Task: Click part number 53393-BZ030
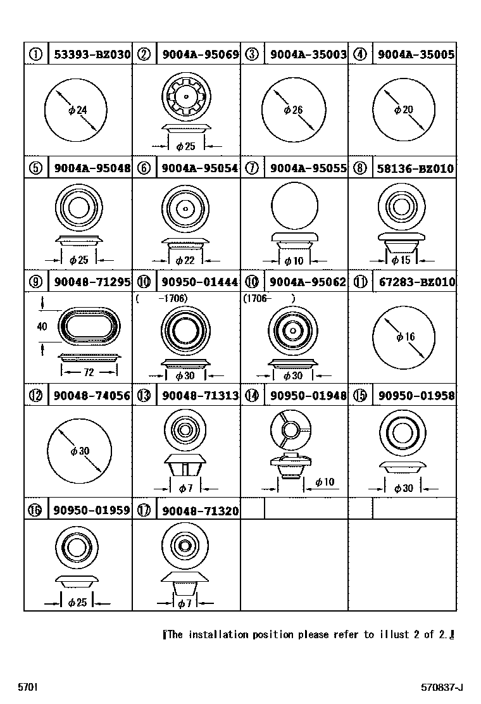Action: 92,55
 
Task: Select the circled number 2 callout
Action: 144,54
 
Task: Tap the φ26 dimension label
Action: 294,110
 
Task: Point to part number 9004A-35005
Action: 416,55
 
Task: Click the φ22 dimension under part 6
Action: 185,260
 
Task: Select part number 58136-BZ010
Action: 415,168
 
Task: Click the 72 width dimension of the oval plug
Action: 89,372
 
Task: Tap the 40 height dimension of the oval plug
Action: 42,327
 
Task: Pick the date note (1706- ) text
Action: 269,299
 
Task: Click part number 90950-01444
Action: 199,282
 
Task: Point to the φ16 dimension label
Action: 406,337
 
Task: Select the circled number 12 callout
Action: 36,396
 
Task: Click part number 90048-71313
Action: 200,396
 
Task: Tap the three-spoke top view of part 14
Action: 290,430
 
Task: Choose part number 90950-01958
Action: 416,396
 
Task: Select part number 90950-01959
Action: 92,510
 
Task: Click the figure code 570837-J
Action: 442,688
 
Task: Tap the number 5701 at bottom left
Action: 27,687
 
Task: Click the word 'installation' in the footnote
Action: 218,634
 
